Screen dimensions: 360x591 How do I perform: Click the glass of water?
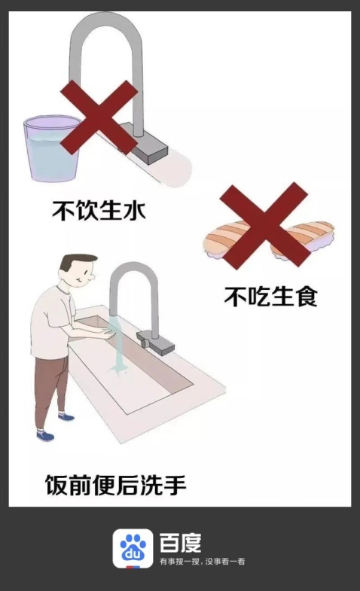click(x=52, y=148)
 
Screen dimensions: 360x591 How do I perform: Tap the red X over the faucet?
click(x=99, y=117)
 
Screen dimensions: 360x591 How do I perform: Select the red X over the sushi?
click(x=264, y=225)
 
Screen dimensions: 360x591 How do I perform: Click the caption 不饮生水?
click(x=99, y=210)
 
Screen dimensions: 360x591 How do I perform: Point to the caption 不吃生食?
click(x=270, y=296)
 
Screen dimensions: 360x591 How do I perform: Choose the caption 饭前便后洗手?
click(x=116, y=485)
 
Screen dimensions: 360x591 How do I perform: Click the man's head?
click(x=78, y=271)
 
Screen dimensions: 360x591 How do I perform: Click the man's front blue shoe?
click(x=45, y=436)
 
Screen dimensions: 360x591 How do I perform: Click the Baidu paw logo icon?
click(x=133, y=548)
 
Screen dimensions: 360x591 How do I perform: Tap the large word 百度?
click(x=180, y=543)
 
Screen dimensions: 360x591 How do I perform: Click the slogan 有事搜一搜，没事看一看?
click(x=202, y=562)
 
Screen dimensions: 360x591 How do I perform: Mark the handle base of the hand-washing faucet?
click(x=155, y=342)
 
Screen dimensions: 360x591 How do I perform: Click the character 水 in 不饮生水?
click(x=134, y=210)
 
